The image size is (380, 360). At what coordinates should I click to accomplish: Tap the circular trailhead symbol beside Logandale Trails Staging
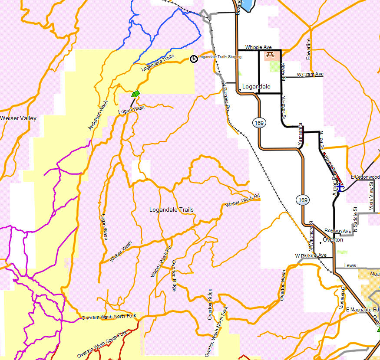[x=194, y=58]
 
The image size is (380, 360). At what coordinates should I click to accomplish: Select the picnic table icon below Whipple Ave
[x=270, y=55]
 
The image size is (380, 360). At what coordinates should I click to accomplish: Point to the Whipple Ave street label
[x=258, y=47]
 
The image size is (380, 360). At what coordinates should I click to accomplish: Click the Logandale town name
[x=257, y=86]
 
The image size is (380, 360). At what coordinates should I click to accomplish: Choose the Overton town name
[x=333, y=239]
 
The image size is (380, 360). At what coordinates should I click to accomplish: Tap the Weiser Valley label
[x=18, y=118]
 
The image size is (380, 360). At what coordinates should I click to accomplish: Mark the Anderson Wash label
[x=98, y=115]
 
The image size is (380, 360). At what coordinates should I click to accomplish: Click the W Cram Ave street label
[x=310, y=74]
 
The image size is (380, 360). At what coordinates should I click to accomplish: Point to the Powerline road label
[x=308, y=49]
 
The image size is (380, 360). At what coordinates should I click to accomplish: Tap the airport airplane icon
[x=340, y=186]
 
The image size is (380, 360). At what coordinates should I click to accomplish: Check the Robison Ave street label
[x=338, y=231]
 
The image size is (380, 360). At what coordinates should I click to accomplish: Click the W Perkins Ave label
[x=311, y=255]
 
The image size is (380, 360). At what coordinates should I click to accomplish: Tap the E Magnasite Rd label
[x=362, y=309]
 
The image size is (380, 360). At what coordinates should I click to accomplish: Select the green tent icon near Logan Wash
[x=136, y=93]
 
